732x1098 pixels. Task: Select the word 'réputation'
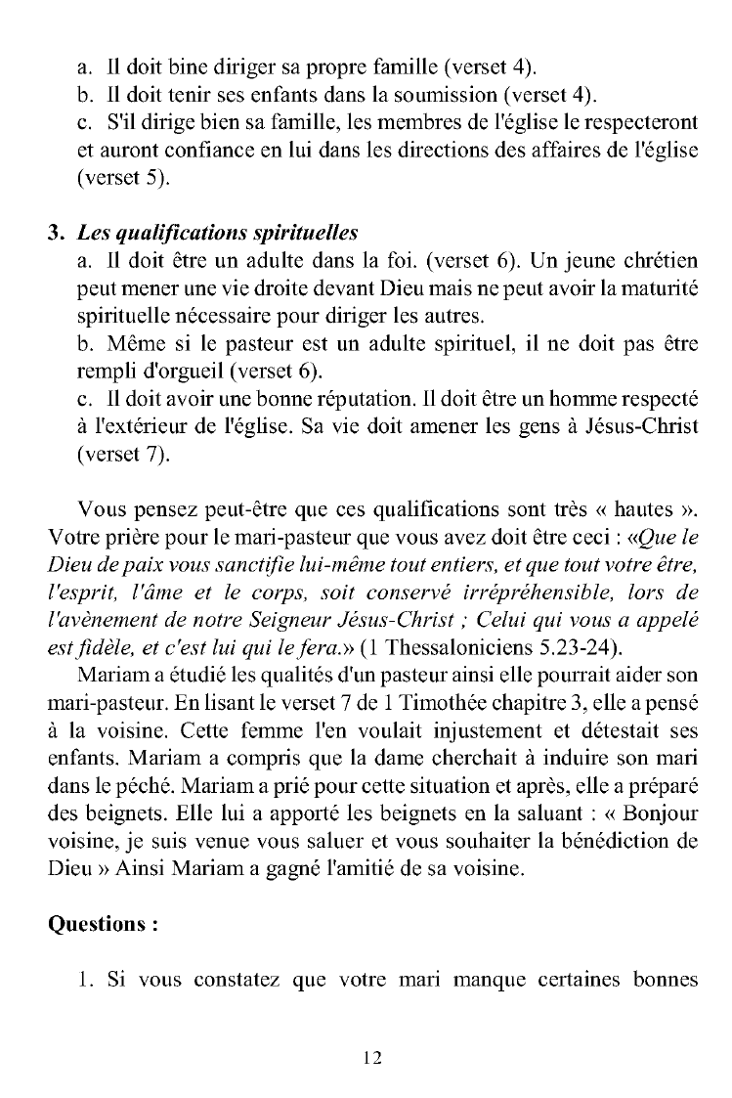click(330, 402)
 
